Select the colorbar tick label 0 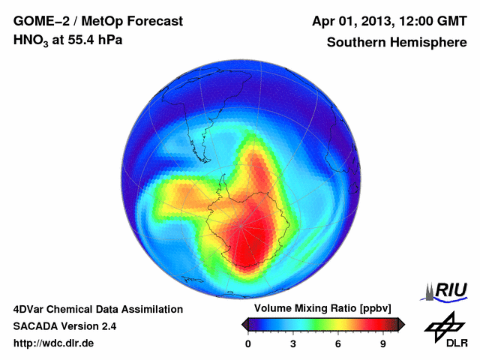tap(248, 343)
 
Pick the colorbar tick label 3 tap(293, 343)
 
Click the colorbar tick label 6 tap(338, 343)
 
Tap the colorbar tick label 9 tap(383, 343)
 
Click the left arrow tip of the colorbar tap(244, 324)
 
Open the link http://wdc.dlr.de tap(54, 344)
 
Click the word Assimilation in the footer tap(150, 309)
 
